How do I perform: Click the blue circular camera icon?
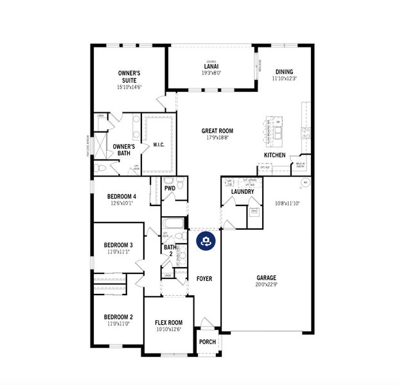(206, 241)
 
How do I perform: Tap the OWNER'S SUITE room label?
(130, 77)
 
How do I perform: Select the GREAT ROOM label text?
(217, 131)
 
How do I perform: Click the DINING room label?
(284, 72)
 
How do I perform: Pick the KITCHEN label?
(274, 155)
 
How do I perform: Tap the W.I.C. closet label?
(159, 145)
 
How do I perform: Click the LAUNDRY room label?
(242, 192)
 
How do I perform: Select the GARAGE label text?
(266, 278)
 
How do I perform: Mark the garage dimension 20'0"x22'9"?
(266, 285)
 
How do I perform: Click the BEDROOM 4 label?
(121, 197)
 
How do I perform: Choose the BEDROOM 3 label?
(118, 245)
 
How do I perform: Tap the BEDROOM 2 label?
(118, 317)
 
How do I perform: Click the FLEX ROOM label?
(168, 323)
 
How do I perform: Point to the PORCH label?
(208, 341)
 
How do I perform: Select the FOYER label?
(204, 278)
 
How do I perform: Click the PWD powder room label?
(170, 189)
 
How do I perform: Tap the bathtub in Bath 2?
(173, 224)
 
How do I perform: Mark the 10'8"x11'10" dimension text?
(287, 203)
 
